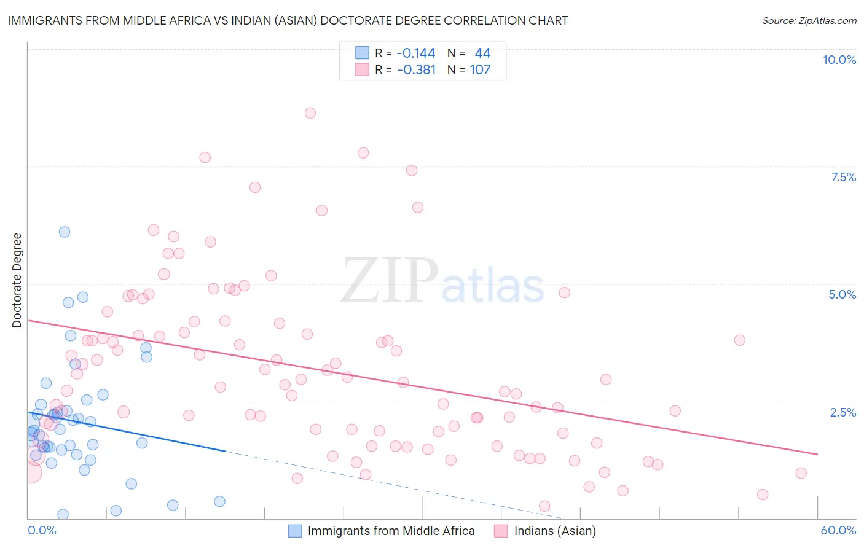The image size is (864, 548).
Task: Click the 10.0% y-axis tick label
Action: [839, 60]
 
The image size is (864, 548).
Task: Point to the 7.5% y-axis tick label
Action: [843, 177]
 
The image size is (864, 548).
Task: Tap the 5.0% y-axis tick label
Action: [842, 294]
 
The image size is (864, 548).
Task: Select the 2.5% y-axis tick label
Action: [843, 412]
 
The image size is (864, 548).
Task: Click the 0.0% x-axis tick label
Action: [42, 530]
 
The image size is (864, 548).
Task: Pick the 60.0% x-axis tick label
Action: [838, 530]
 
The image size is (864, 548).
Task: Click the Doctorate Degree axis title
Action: [17, 280]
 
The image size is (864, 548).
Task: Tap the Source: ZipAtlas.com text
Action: [809, 20]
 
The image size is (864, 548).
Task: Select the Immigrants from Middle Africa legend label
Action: [391, 531]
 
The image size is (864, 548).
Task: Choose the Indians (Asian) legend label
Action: [555, 531]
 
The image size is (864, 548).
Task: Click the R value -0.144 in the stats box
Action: [415, 53]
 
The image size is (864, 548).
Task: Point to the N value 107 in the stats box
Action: [480, 69]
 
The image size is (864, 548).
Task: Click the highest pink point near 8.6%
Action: [310, 113]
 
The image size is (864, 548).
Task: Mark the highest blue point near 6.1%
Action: [65, 232]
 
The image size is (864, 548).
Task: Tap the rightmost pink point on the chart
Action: [801, 473]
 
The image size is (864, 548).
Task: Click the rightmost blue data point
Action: [219, 501]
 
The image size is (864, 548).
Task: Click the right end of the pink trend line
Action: [818, 454]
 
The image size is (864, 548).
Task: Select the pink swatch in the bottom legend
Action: [501, 531]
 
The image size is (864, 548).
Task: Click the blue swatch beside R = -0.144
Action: [363, 53]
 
